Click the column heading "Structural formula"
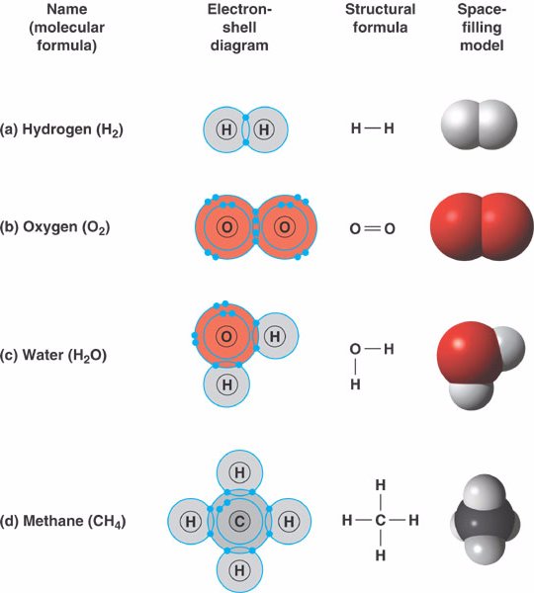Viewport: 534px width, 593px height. [x=380, y=18]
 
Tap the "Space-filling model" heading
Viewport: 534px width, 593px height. [x=482, y=28]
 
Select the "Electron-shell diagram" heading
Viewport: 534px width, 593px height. [x=239, y=28]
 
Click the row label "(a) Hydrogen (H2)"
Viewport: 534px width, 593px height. [x=61, y=129]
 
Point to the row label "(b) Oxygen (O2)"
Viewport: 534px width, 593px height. [x=54, y=227]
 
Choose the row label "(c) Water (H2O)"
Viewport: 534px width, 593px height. [x=53, y=356]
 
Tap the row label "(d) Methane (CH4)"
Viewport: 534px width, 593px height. [x=63, y=521]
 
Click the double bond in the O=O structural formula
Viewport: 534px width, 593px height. [x=373, y=228]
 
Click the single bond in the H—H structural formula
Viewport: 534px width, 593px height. [x=373, y=128]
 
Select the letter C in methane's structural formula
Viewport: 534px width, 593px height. [x=381, y=521]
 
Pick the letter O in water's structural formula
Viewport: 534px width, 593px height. [x=355, y=349]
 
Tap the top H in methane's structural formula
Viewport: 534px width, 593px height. [x=381, y=485]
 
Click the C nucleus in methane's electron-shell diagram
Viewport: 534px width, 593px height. [x=239, y=522]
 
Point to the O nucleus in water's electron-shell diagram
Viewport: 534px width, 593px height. [x=226, y=336]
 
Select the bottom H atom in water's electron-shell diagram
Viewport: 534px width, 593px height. [x=226, y=384]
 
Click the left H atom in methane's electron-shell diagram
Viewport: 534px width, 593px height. [x=191, y=522]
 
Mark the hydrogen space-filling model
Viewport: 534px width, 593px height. [x=479, y=125]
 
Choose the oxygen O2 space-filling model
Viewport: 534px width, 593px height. [x=482, y=226]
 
